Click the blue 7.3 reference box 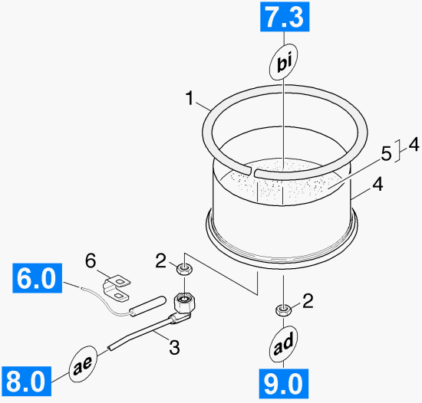(x=285, y=17)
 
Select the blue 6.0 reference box (x=37, y=278)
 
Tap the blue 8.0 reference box (x=26, y=381)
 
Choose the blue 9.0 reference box (x=284, y=384)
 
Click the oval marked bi (x=284, y=62)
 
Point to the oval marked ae (x=83, y=364)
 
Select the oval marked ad (x=283, y=344)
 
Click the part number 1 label (x=190, y=98)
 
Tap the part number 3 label (x=174, y=347)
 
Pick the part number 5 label (x=387, y=154)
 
